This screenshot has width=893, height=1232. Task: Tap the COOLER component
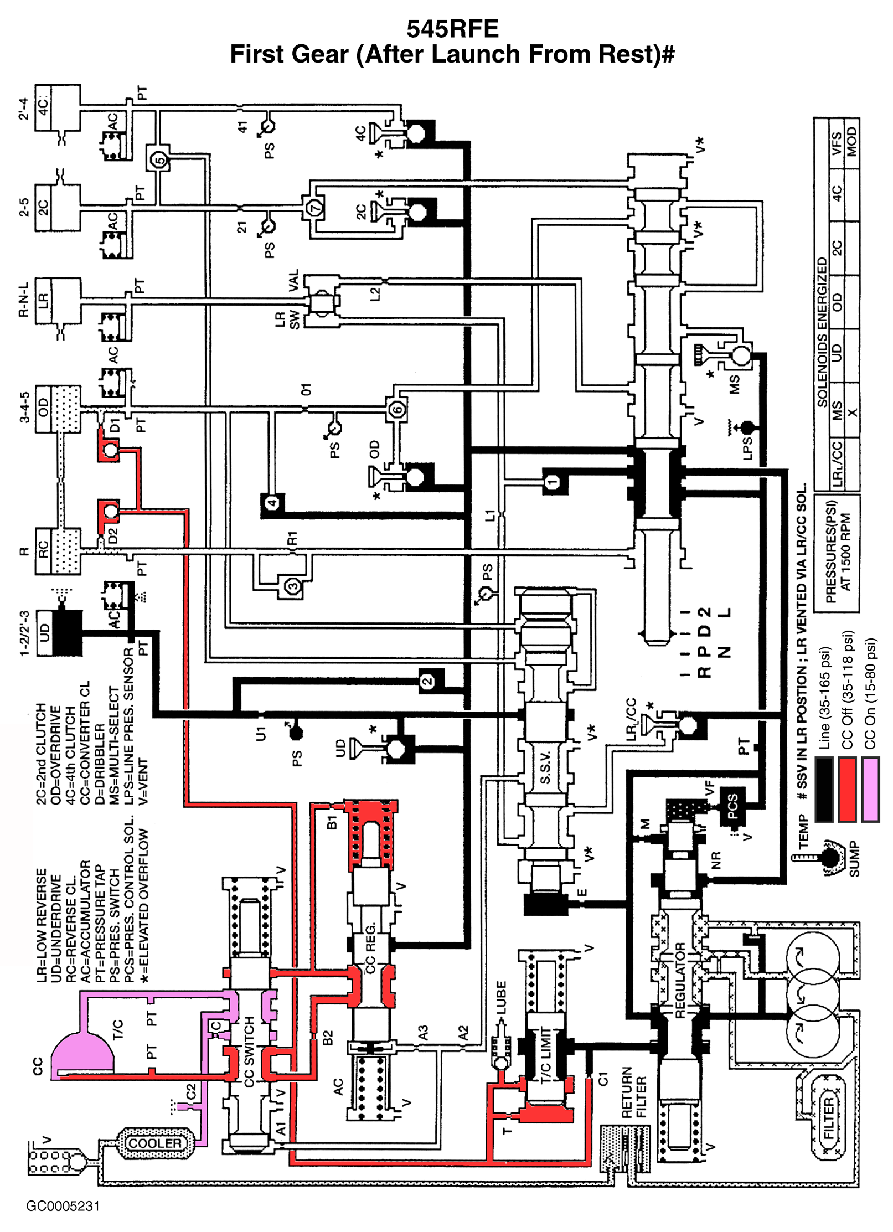click(154, 1143)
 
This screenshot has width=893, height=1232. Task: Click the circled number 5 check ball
click(159, 161)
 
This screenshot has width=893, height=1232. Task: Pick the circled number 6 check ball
click(396, 410)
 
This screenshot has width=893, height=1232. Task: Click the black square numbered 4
click(272, 503)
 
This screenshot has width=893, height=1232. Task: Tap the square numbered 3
click(293, 586)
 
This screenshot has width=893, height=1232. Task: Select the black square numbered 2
click(427, 681)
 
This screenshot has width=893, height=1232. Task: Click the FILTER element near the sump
click(827, 1117)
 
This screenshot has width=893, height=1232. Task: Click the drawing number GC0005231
click(63, 1206)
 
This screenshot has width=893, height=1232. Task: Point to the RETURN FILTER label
click(633, 1092)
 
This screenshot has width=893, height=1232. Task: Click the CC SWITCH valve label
click(249, 1051)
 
